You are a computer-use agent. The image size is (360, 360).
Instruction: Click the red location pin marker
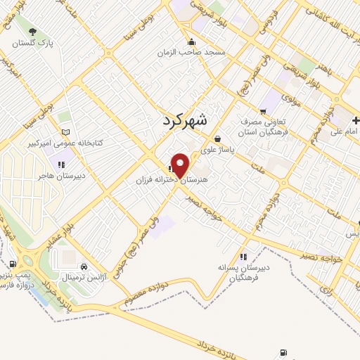[181, 165]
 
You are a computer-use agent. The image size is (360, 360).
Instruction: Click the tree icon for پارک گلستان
[32, 31]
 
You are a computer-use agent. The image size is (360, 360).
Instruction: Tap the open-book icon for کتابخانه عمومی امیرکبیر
[65, 131]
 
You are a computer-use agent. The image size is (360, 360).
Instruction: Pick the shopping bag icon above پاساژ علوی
[217, 139]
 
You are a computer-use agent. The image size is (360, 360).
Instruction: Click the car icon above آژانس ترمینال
[84, 266]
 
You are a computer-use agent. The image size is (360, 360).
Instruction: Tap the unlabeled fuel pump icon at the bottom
[283, 353]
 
